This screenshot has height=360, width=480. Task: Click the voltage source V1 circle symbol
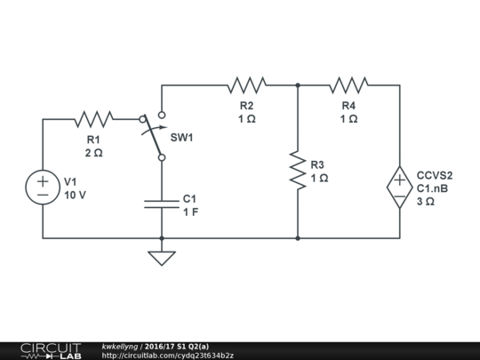pyautogui.click(x=43, y=188)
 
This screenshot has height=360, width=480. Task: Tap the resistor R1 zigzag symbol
pyautogui.click(x=93, y=119)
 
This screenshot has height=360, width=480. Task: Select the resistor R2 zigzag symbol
pyautogui.click(x=247, y=85)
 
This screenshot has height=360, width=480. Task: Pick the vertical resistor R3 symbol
pyautogui.click(x=297, y=169)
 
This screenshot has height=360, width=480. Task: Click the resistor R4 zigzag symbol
pyautogui.click(x=348, y=85)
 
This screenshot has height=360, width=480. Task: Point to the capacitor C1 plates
pyautogui.click(x=162, y=204)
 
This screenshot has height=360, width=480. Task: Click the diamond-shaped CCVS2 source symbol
pyautogui.click(x=399, y=188)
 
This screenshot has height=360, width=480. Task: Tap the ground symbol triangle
pyautogui.click(x=162, y=258)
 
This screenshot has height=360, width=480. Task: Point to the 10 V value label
pyautogui.click(x=76, y=196)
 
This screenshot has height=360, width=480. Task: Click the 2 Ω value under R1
pyautogui.click(x=93, y=153)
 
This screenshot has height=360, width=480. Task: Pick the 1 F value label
pyautogui.click(x=190, y=212)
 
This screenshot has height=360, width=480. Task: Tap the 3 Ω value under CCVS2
pyautogui.click(x=425, y=202)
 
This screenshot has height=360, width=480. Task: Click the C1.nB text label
pyautogui.click(x=432, y=188)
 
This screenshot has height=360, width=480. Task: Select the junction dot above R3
pyautogui.click(x=297, y=85)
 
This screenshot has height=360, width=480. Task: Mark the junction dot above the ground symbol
pyautogui.click(x=162, y=238)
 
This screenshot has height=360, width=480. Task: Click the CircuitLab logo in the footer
pyautogui.click(x=50, y=350)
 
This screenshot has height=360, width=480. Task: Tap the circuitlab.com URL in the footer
pyautogui.click(x=168, y=356)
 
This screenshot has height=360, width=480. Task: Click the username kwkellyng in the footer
pyautogui.click(x=119, y=346)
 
